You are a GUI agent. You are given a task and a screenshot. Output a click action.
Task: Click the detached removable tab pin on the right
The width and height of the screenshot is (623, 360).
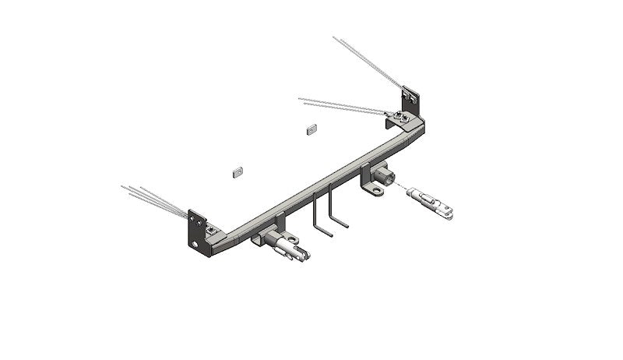coord(432,200)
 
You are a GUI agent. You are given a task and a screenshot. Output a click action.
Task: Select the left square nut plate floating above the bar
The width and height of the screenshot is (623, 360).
coord(239,171)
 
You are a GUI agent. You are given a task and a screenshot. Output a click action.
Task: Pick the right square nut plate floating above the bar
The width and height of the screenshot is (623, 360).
coord(310,128)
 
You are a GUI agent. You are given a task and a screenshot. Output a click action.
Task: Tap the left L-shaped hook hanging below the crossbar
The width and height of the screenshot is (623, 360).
coord(317,214)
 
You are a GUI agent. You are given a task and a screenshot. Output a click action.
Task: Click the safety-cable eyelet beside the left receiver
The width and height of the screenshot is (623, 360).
coord(256,242)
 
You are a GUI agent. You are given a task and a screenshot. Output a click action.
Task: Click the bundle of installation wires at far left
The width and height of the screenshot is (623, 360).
coord(152,198)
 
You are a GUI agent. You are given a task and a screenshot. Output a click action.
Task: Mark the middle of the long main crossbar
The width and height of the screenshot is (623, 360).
coord(319,183)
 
